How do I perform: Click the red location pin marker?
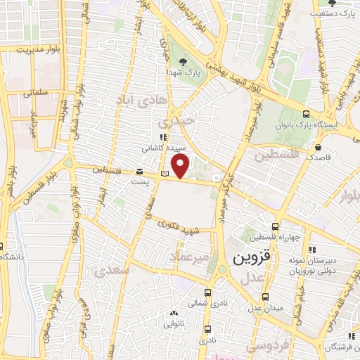click(x=181, y=167)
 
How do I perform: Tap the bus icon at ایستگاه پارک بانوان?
click(x=306, y=114)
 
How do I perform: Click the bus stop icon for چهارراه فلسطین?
click(x=275, y=226)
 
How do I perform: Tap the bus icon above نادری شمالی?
click(x=207, y=292)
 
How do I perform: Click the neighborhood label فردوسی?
click(x=267, y=347)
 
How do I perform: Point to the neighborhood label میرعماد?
click(x=188, y=259)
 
